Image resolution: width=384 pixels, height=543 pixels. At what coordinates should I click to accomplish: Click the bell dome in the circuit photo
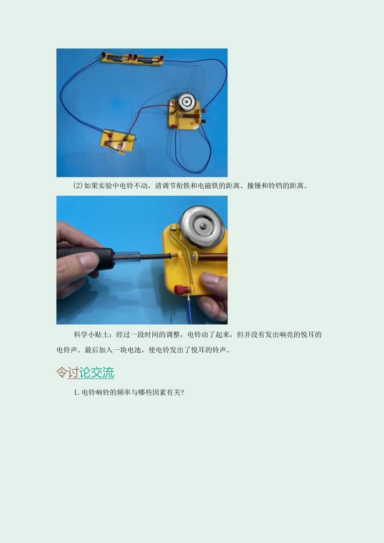click(186, 101)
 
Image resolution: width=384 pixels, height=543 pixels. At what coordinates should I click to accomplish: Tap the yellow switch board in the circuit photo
click(118, 141)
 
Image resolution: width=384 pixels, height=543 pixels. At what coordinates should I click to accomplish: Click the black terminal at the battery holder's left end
click(103, 55)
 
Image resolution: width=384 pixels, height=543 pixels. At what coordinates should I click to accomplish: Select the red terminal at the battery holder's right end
click(160, 60)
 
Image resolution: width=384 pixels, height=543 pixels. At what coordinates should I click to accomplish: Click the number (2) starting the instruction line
click(78, 186)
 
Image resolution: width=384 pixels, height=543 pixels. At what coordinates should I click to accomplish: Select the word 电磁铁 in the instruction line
click(215, 186)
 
